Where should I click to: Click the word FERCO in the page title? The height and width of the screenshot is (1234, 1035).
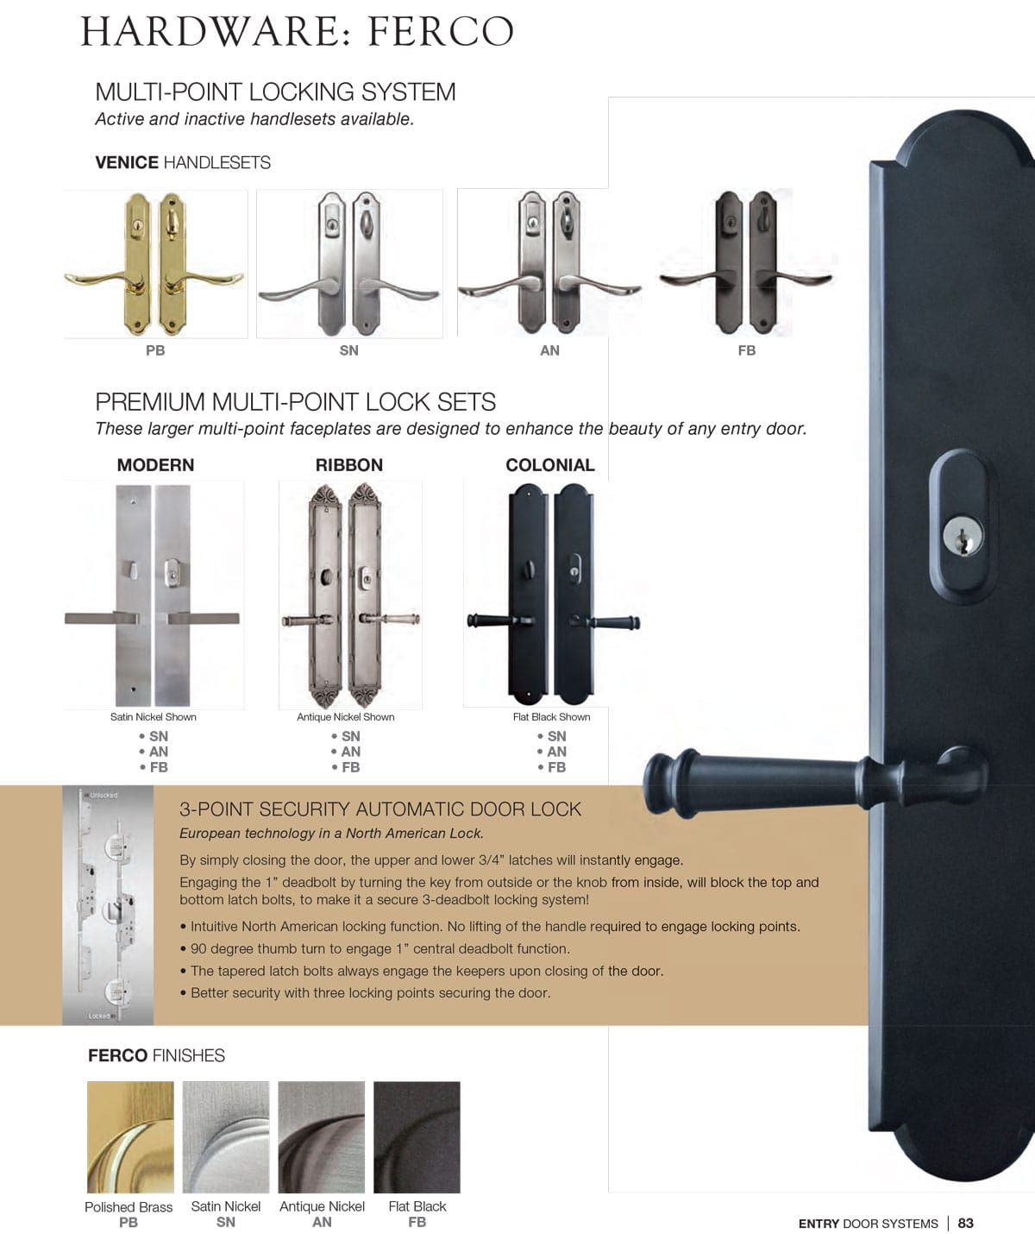(x=441, y=32)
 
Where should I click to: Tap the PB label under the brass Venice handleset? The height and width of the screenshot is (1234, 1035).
(x=155, y=350)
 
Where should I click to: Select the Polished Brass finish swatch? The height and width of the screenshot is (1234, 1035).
(x=130, y=1136)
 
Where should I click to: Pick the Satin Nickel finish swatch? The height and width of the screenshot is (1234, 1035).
(x=226, y=1136)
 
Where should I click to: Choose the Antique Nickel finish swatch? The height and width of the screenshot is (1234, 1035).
(x=322, y=1136)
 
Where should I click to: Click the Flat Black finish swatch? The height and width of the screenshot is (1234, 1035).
(x=417, y=1136)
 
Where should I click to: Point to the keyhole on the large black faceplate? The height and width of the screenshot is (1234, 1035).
(x=962, y=536)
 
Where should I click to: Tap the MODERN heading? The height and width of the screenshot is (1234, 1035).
(x=155, y=465)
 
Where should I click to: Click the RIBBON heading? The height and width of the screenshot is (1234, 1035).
(x=348, y=465)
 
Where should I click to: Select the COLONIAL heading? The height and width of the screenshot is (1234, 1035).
(x=549, y=465)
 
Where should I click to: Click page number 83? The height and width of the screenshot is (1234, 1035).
(x=965, y=1223)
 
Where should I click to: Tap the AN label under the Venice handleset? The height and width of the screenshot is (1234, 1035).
(x=549, y=350)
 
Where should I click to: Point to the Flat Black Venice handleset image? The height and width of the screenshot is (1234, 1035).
(x=746, y=262)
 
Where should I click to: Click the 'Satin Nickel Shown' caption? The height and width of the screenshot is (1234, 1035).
(x=154, y=717)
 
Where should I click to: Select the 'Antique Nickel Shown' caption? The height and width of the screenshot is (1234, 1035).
(x=345, y=717)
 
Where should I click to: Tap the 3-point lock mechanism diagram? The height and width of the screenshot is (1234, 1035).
(x=108, y=904)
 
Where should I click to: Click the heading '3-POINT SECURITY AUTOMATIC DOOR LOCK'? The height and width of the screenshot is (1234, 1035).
(x=380, y=809)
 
